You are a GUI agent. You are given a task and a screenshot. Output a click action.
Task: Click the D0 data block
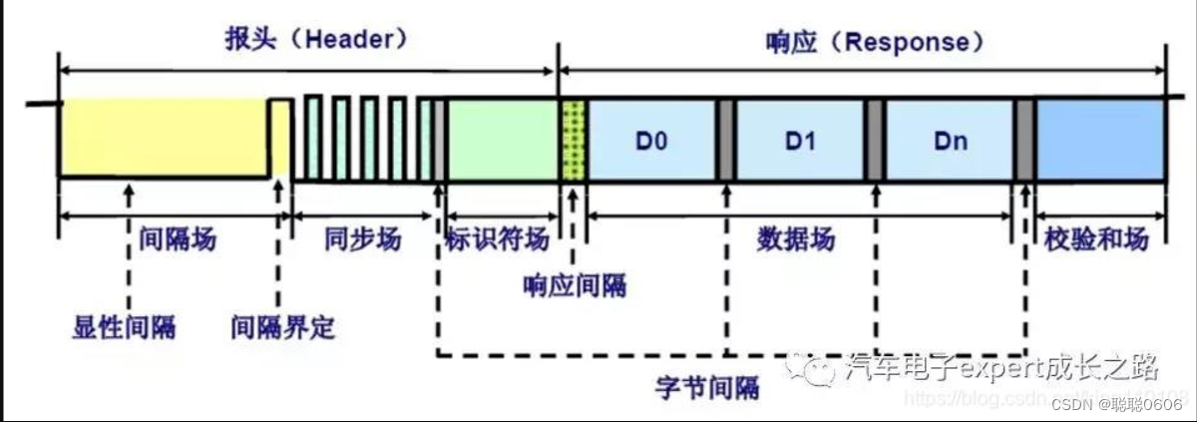point(652,140)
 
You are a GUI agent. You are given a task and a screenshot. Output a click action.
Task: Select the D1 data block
point(800,140)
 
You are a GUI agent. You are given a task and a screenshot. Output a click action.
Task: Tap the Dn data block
point(950,140)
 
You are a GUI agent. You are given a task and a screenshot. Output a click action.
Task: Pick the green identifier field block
point(502,139)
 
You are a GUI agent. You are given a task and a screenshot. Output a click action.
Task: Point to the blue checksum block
point(1100,139)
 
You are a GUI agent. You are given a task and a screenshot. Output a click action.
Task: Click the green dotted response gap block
point(574,140)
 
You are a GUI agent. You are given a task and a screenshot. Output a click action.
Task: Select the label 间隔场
point(177,239)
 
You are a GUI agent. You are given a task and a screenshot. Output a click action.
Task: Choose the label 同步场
point(363,239)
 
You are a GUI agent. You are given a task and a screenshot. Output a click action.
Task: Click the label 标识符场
point(497,239)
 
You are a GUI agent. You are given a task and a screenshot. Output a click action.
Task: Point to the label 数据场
point(796,239)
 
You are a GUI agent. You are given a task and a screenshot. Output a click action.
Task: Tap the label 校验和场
point(1096,239)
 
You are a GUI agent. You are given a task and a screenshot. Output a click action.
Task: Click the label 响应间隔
point(576,286)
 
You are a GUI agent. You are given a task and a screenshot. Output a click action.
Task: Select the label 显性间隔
point(123,326)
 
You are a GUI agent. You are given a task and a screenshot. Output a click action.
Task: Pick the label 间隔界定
point(282,326)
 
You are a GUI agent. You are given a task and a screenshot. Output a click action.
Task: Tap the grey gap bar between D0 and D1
point(726,140)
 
